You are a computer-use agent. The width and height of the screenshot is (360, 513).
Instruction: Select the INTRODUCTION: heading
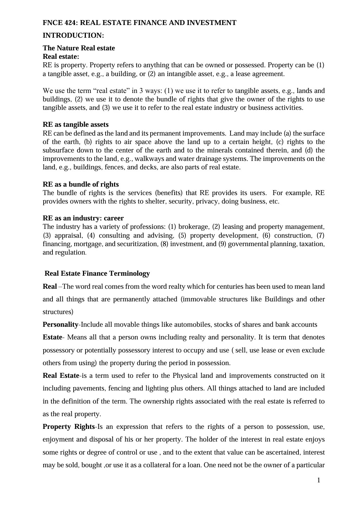click(x=73, y=36)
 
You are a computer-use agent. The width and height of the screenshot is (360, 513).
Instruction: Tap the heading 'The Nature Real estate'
click(x=79, y=48)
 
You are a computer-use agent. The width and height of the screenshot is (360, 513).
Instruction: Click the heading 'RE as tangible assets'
click(x=76, y=125)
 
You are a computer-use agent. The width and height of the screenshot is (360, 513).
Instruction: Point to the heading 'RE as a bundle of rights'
click(x=81, y=184)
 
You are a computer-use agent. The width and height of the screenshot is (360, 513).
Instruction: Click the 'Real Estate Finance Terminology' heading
click(x=97, y=274)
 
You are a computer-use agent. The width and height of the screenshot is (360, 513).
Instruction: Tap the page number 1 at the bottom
click(x=319, y=480)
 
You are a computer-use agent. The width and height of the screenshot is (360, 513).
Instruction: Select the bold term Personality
click(x=61, y=325)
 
